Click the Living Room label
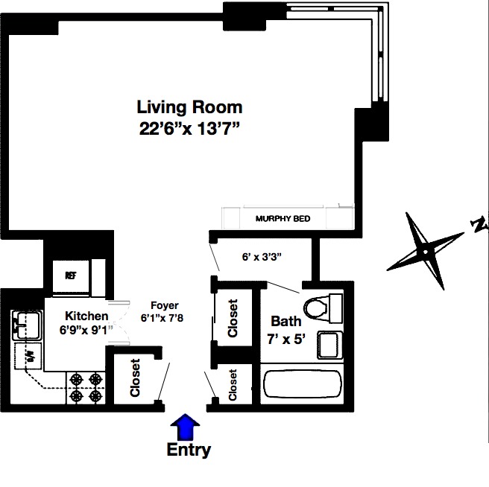pos(189,107)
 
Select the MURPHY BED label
pos(282,219)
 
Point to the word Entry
pos(188,450)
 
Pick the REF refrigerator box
pos(71,275)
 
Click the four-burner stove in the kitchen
pos(85,386)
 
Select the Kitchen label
pos(86,316)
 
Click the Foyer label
pos(164,305)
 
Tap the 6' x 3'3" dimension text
pos(261,257)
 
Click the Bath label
pos(286,322)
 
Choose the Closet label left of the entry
pos(135,378)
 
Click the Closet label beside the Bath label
pos(233,318)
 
